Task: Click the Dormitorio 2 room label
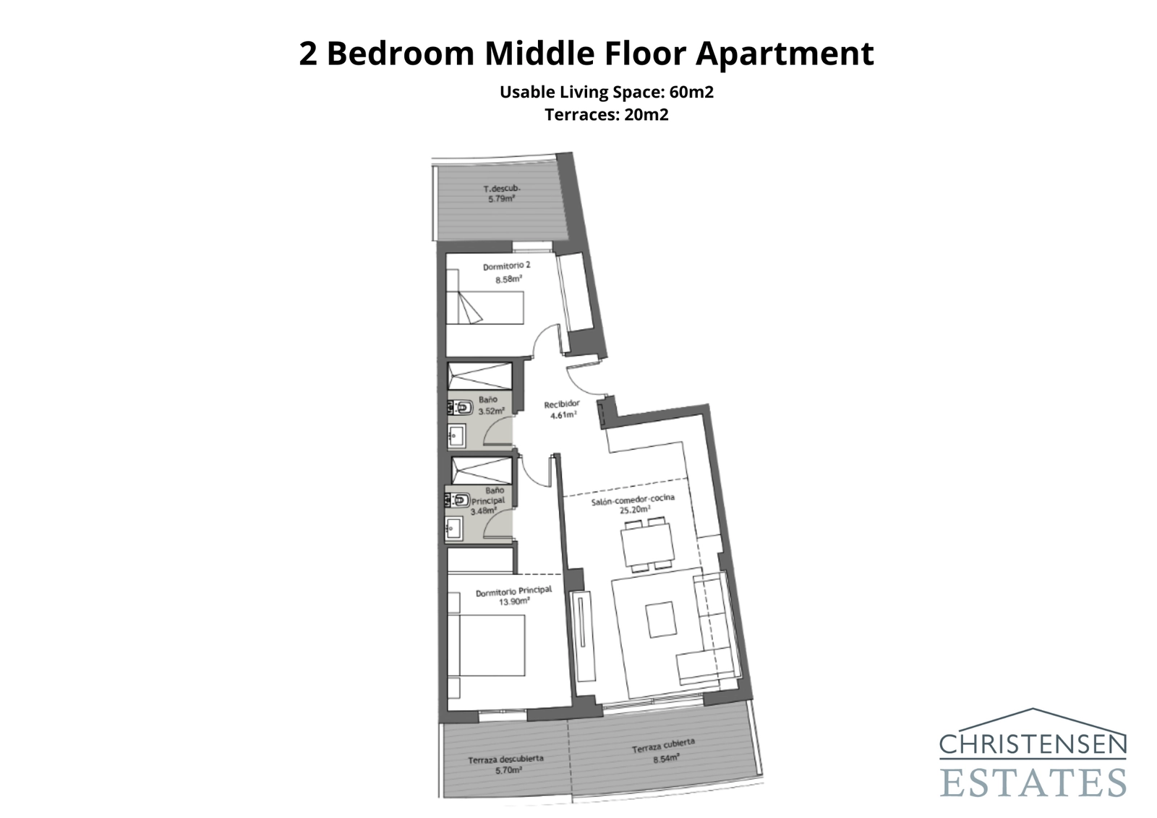coord(506,266)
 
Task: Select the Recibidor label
coord(562,404)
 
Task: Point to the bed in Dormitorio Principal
coord(485,646)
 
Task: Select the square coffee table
coord(661,620)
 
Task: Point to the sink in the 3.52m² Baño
coord(456,435)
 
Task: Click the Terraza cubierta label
coord(663,746)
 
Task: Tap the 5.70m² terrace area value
coord(508,770)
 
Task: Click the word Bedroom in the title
coord(400,54)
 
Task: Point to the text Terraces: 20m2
coord(606,114)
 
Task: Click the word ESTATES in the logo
coord(1033,782)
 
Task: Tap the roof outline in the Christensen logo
coord(1033,720)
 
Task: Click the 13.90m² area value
coord(513,601)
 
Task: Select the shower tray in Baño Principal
coord(481,470)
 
